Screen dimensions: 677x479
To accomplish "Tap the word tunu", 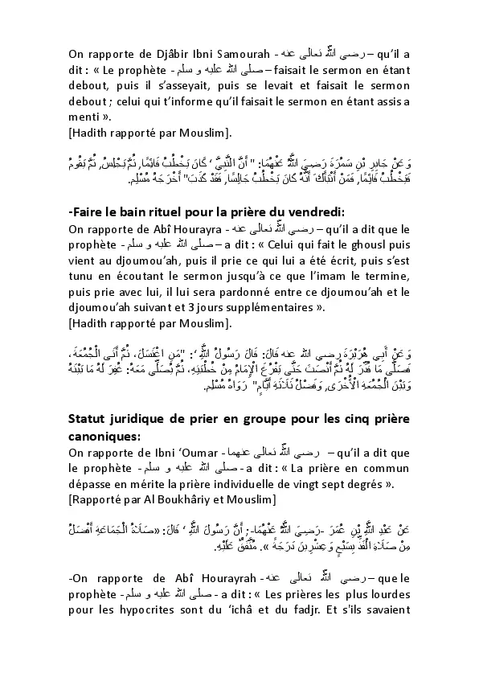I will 83,275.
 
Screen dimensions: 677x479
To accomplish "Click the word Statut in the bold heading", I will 92,417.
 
